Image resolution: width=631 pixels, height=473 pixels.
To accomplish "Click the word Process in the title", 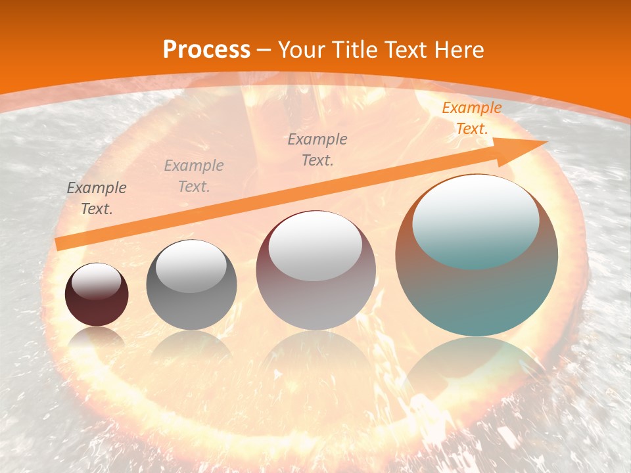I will point(206,50).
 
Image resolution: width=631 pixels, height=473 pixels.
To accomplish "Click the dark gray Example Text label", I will point(97,198).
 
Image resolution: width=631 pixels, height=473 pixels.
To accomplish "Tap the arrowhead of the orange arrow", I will point(526,148).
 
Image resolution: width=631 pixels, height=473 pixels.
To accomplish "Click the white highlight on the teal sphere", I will point(475,220).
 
